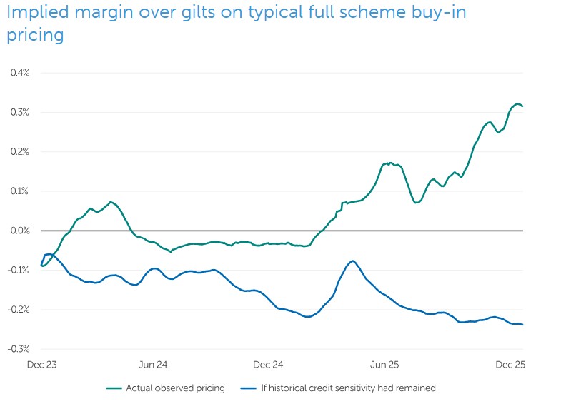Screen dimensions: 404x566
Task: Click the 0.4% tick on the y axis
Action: tap(20, 73)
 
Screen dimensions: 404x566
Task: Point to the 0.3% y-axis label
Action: tap(20, 112)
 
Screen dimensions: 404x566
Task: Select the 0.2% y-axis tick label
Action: tap(20, 151)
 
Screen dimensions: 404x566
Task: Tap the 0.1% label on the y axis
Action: tap(20, 191)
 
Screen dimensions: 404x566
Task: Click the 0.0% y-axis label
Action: tap(20, 231)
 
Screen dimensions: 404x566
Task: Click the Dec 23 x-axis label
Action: tap(41, 365)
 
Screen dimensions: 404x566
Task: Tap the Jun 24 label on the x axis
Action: tap(153, 365)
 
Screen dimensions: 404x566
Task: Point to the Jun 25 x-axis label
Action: tap(384, 365)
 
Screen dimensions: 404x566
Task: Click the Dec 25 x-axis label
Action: tap(510, 365)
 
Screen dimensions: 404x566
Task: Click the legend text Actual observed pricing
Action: tap(175, 388)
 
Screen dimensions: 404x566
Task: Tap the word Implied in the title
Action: tap(33, 14)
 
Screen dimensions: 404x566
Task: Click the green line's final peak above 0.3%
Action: tap(517, 103)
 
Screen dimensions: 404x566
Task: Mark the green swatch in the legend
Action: tap(114, 388)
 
